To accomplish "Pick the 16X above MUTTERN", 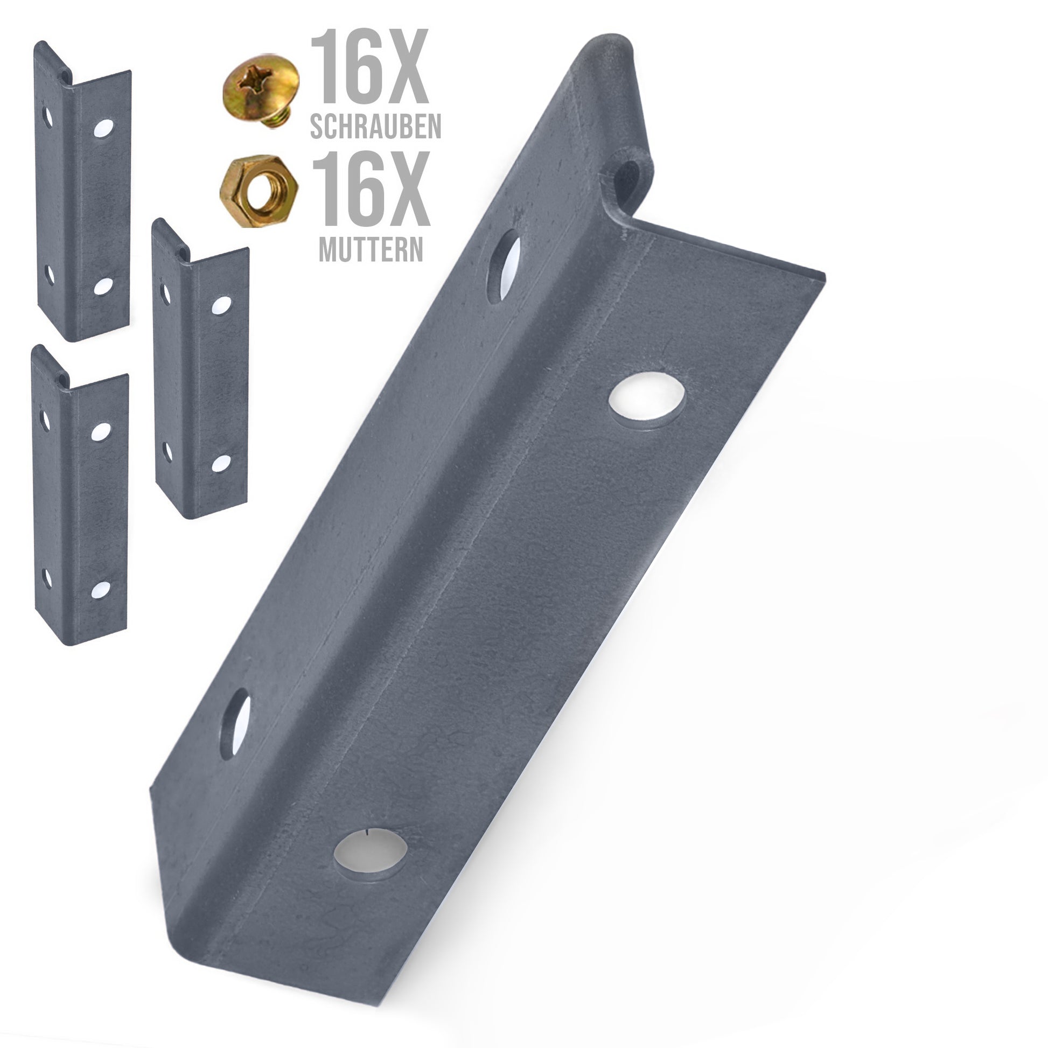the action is click(x=372, y=188).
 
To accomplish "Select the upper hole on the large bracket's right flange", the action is click(x=647, y=401).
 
